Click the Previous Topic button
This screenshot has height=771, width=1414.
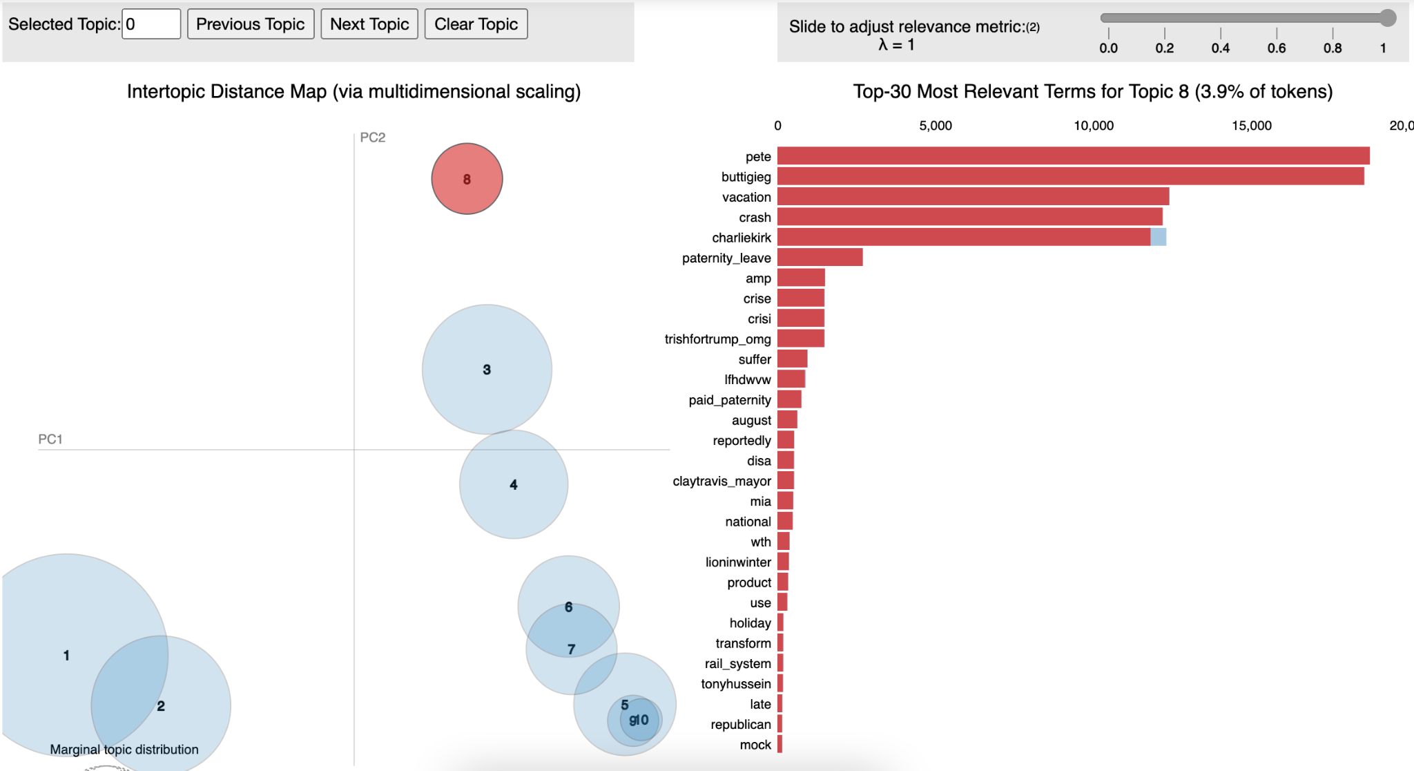(251, 24)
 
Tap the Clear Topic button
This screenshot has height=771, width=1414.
(476, 24)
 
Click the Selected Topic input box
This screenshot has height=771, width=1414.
(151, 24)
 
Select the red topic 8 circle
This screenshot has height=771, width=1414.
(467, 179)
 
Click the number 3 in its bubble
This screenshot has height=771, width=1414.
(487, 370)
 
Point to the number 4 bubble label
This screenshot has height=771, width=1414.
(514, 485)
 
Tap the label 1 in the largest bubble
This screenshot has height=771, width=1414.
(66, 656)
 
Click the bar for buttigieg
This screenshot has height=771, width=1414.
(1070, 177)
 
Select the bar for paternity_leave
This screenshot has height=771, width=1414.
(820, 258)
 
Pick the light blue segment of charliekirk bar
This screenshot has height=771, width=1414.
(1159, 238)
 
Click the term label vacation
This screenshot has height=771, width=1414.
(746, 198)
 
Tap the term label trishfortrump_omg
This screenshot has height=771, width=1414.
(717, 339)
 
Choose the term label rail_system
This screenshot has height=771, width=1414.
(737, 664)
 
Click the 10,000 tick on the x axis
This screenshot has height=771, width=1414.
(1094, 126)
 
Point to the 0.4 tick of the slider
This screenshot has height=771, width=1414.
(1220, 48)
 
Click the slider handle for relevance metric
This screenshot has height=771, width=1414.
(1387, 18)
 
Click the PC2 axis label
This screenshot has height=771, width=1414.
(373, 137)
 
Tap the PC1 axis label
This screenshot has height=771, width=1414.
(50, 439)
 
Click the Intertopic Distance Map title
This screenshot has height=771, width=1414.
(353, 92)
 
